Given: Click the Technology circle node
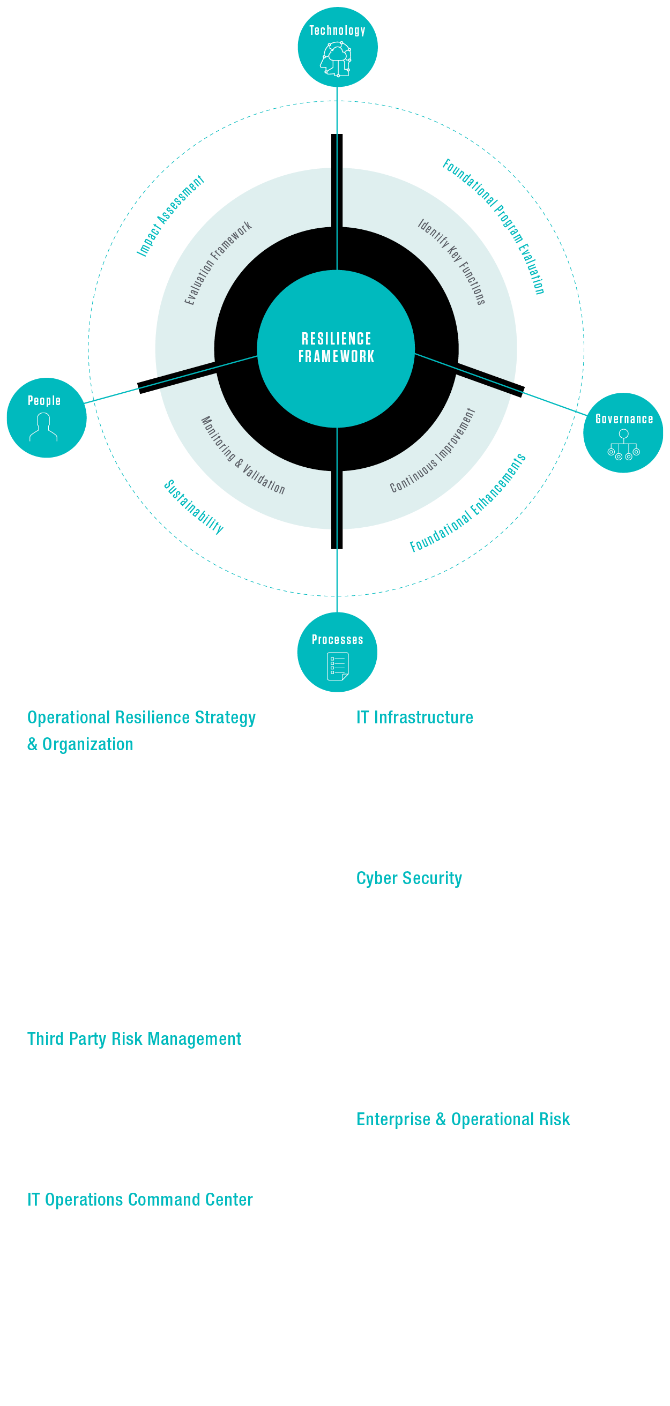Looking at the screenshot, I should pyautogui.click(x=338, y=47).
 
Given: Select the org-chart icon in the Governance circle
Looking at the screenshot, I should pyautogui.click(x=623, y=445).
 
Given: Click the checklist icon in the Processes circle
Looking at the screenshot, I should pyautogui.click(x=338, y=667).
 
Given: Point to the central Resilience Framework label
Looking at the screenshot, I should pyautogui.click(x=337, y=348).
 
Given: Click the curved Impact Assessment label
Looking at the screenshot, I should pyautogui.click(x=170, y=215).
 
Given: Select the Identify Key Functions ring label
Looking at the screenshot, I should pyautogui.click(x=452, y=261).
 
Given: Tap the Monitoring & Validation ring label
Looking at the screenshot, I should pyautogui.click(x=243, y=455).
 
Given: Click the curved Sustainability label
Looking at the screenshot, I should pyautogui.click(x=194, y=506).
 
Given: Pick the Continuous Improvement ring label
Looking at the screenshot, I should pyautogui.click(x=433, y=451).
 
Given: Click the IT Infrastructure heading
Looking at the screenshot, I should pyautogui.click(x=414, y=717).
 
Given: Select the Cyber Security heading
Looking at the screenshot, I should pyautogui.click(x=409, y=878).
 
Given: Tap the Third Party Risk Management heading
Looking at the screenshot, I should pyautogui.click(x=135, y=1038).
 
